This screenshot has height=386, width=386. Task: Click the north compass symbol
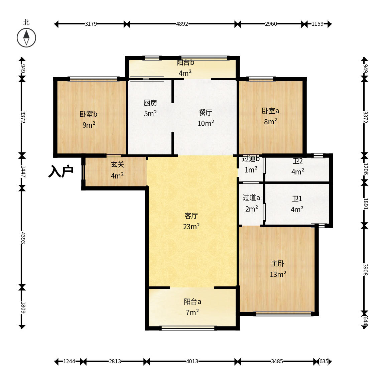pyautogui.click(x=26, y=38)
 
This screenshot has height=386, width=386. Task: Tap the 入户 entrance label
pyautogui.click(x=61, y=171)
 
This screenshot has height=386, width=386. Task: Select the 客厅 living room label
pyautogui.click(x=191, y=216)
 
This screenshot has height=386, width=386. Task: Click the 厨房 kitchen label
pyautogui.click(x=150, y=103)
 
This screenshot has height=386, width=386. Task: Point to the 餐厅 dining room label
pyautogui.click(x=206, y=113)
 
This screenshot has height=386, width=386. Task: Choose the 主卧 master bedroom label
pyautogui.click(x=278, y=264)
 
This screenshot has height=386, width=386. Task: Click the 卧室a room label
pyautogui.click(x=270, y=111)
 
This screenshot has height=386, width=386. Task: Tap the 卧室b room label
pyautogui.click(x=88, y=114)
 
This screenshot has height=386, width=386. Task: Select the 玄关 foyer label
pyautogui.click(x=117, y=164)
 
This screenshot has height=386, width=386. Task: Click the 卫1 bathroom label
pyautogui.click(x=297, y=199)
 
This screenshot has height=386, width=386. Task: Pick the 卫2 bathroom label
pyautogui.click(x=298, y=161)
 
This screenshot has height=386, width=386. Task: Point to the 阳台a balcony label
pyautogui.click(x=192, y=301)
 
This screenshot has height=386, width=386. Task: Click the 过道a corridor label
pyautogui.click(x=251, y=198)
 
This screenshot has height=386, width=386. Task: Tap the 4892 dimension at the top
pyautogui.click(x=182, y=24)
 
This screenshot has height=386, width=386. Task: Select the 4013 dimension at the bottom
pyautogui.click(x=192, y=361)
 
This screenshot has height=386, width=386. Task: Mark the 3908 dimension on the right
pyautogui.click(x=365, y=270)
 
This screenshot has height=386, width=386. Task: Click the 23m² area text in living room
pyautogui.click(x=191, y=226)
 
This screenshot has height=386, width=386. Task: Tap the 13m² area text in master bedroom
pyautogui.click(x=278, y=274)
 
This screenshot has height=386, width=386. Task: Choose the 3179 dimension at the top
pyautogui.click(x=91, y=24)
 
